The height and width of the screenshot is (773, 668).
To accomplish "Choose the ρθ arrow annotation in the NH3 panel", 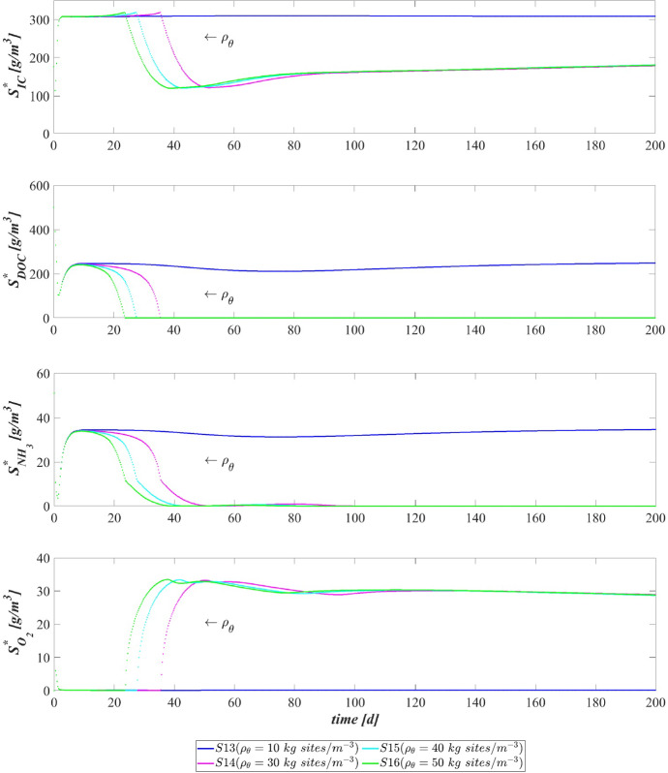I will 219,464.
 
